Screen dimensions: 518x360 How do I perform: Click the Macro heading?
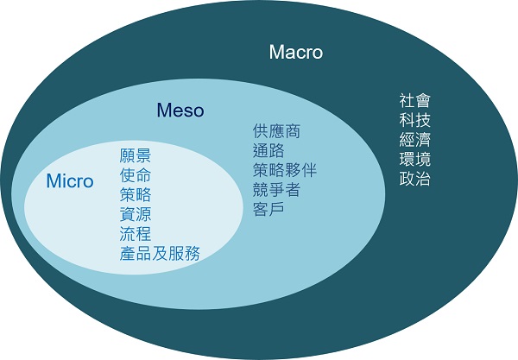click(295, 52)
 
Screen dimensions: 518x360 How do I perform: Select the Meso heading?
click(180, 110)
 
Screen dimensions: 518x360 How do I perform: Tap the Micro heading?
click(70, 180)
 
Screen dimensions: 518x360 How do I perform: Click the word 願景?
click(136, 155)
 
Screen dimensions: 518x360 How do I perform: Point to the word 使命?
click(136, 175)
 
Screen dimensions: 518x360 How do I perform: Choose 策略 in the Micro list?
click(136, 195)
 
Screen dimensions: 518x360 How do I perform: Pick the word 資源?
click(136, 214)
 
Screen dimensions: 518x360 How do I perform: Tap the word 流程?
click(136, 234)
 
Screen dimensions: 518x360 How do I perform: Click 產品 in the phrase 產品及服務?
click(136, 254)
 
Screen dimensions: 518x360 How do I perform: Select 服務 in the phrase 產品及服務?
click(184, 254)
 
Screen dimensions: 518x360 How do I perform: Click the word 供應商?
click(276, 131)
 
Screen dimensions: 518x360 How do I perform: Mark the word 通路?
click(268, 151)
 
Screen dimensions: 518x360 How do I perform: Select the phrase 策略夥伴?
click(284, 170)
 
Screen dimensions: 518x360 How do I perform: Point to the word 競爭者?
click(276, 190)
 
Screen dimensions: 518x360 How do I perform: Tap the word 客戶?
click(268, 210)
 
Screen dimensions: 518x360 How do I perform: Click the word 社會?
click(415, 101)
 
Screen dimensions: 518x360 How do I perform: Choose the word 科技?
click(415, 120)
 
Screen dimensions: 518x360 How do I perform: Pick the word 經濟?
click(415, 140)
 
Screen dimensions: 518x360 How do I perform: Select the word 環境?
click(415, 159)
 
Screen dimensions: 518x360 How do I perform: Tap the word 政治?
click(415, 179)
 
